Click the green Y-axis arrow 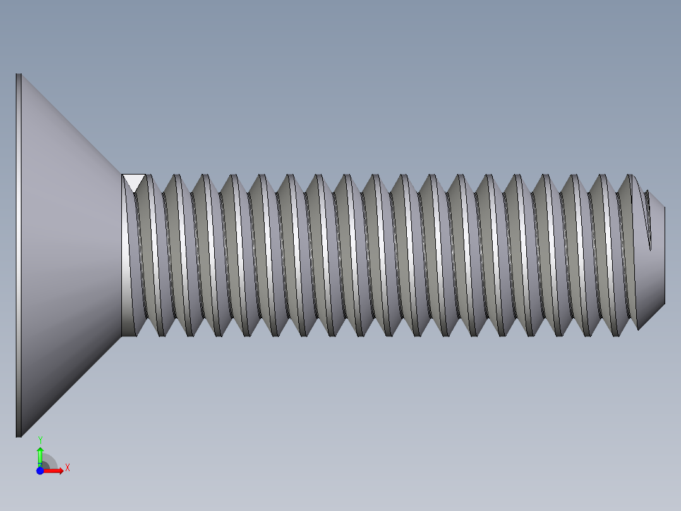coord(40,455)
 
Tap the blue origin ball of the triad coord(40,471)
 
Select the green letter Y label coord(40,439)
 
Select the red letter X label coord(68,468)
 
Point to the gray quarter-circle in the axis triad coord(49,462)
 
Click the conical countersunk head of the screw coord(69,253)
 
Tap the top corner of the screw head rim coord(19,75)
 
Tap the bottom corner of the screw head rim coord(19,435)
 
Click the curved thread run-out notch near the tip coord(647,221)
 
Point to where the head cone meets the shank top coord(121,174)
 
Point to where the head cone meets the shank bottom coord(121,336)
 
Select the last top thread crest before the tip coord(628,175)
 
